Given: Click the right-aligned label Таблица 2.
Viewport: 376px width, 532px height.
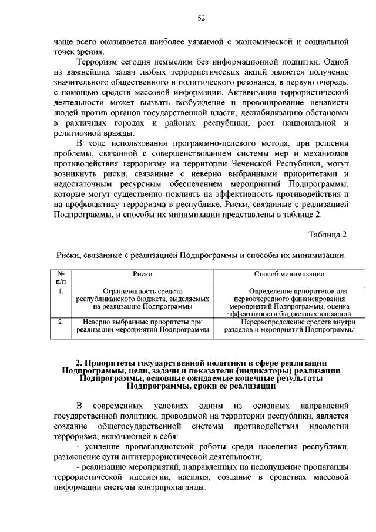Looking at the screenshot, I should point(329,235).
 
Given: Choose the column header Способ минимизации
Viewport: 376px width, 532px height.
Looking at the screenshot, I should point(290,274).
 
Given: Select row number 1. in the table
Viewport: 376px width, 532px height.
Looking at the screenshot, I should point(61,290).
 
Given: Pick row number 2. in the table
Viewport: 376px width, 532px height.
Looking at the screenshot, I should point(61,322).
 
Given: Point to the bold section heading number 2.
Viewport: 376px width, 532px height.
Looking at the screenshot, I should point(79,362).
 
